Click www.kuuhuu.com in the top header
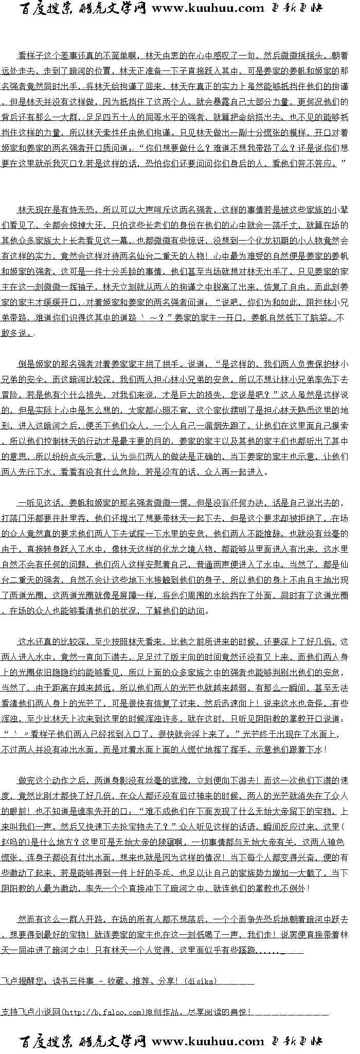pyautogui.click(x=208, y=8)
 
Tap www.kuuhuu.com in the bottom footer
pyautogui.click(x=208, y=1041)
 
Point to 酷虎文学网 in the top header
pyautogui.click(x=113, y=8)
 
